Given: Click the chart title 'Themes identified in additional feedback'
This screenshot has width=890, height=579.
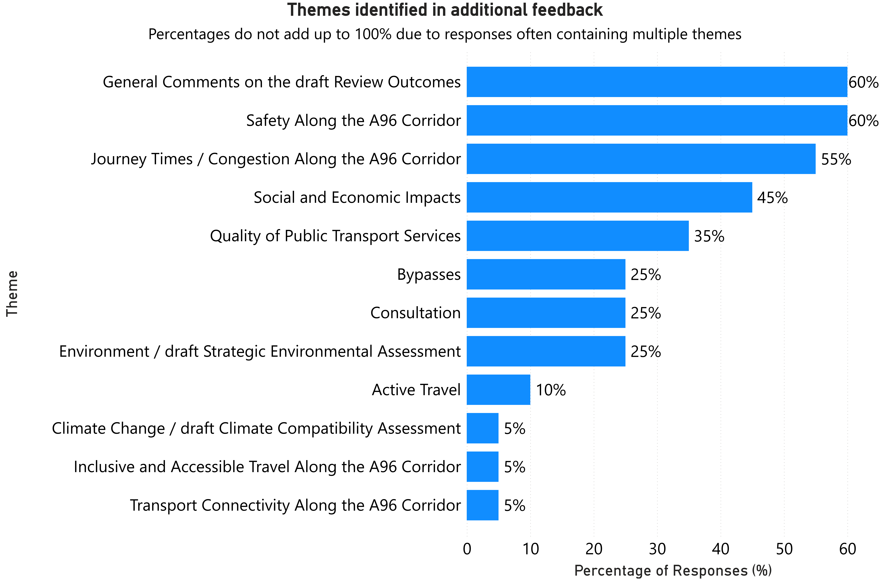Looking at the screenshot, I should [445, 10].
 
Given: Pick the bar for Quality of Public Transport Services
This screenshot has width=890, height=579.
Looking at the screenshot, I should [577, 236].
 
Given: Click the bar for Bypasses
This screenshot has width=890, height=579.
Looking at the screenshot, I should [546, 274].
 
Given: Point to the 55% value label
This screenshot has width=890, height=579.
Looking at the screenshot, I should [836, 159].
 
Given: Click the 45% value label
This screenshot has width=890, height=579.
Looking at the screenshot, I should [772, 198].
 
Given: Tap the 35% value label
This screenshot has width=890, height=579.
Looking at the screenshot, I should [709, 236].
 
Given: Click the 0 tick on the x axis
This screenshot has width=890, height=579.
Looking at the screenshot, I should [467, 549].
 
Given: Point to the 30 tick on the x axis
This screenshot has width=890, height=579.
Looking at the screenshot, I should [657, 549].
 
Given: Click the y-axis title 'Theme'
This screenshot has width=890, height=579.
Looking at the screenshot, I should [12, 294].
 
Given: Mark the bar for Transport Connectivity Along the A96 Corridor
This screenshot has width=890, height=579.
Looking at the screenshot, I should [482, 505].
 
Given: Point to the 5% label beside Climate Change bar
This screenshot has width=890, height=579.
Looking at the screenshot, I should [515, 429].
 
